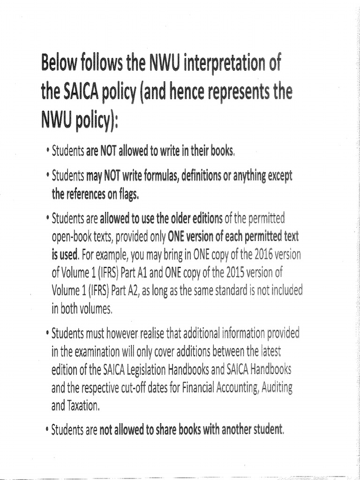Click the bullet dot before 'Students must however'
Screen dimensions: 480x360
47,334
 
